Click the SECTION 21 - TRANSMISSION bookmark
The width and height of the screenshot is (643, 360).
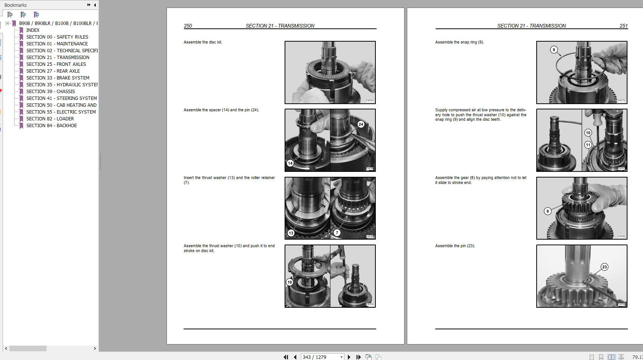(58, 57)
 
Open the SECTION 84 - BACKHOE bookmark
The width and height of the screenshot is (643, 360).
(51, 125)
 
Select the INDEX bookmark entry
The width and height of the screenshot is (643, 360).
(33, 30)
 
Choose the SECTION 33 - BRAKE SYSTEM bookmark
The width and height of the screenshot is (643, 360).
(58, 78)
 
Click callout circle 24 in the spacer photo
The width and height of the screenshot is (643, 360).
(361, 124)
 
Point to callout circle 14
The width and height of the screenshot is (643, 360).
(290, 163)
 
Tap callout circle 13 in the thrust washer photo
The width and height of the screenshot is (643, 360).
(291, 233)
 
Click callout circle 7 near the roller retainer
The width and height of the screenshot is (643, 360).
(337, 233)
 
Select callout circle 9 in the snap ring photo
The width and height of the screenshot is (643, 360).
(554, 50)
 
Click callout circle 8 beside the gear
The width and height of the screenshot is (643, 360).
(547, 211)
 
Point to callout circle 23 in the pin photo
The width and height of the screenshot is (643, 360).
(604, 267)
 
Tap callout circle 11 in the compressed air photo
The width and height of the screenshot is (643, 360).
(588, 145)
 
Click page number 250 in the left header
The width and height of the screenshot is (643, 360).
(188, 26)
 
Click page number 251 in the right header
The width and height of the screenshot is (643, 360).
(623, 26)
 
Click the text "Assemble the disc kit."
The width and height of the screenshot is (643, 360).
(203, 42)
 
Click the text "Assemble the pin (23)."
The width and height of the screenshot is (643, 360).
(455, 246)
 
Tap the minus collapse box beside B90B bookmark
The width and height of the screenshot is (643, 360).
(7, 23)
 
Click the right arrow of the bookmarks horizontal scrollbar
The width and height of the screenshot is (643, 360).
(95, 348)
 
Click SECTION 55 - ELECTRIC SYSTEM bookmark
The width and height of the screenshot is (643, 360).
(61, 112)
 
